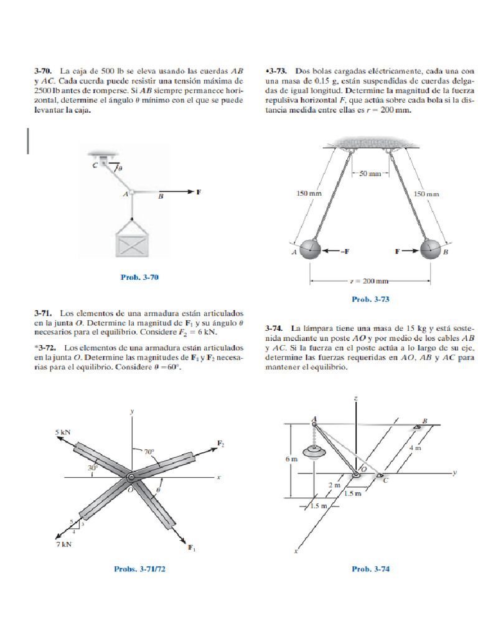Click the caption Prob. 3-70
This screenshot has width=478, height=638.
coord(139,277)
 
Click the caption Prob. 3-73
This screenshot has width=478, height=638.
coord(370,299)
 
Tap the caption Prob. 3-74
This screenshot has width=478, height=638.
coord(370,568)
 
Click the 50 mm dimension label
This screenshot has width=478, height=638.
coord(370,173)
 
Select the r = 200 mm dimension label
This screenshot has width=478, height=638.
coord(370,281)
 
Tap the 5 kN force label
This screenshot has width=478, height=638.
coord(63,431)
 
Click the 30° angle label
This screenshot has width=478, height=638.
coord(93,467)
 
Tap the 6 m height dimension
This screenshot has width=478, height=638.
coord(291,459)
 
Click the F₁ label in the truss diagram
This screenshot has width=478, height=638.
coord(192,548)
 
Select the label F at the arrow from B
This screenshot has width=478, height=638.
coord(198,192)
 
